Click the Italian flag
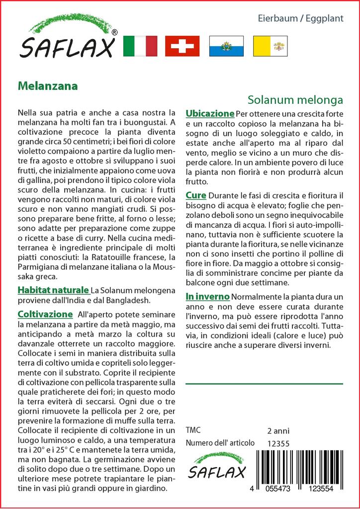139,46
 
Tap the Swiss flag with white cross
182,46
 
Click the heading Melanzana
48,85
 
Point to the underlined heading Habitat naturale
53,290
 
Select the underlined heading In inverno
207,297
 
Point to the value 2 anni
278,430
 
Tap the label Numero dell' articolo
220,443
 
